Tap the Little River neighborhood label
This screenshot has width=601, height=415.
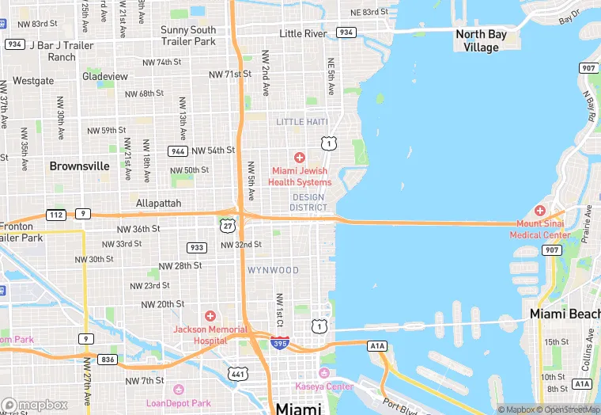303,33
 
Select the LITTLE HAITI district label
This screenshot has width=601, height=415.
302,121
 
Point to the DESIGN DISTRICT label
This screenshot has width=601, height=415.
308,202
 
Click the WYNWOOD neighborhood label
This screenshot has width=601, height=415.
274,270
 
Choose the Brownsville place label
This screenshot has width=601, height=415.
79,166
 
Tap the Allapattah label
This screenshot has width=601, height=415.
158,203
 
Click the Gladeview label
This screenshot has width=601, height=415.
105,76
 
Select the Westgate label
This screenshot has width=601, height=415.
33,81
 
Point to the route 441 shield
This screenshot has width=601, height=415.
237,372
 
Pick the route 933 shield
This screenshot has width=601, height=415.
197,248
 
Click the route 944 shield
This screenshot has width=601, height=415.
177,150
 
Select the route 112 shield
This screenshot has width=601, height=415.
56,214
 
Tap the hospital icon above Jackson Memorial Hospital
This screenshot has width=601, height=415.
210,316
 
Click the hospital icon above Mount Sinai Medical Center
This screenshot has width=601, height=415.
540,211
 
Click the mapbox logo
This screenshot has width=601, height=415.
35,405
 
